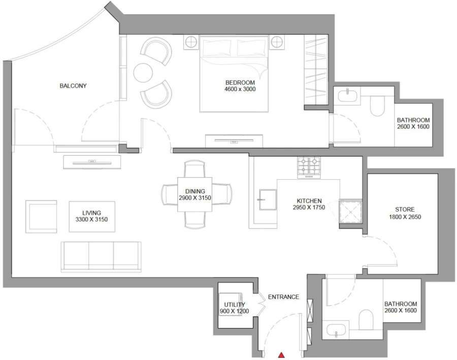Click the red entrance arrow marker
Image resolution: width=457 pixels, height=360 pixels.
(x=281, y=355)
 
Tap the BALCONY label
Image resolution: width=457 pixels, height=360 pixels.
(x=73, y=86)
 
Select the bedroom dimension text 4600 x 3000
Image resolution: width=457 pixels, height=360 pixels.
(x=240, y=89)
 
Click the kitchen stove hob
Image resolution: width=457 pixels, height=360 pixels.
(x=309, y=167)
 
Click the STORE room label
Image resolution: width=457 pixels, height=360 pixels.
(x=405, y=209)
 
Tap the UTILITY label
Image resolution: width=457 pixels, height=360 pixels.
(x=235, y=305)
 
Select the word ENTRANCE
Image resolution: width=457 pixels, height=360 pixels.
(x=283, y=297)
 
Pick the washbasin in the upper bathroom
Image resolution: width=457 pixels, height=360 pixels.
(x=346, y=94)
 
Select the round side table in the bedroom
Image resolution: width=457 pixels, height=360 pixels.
(x=143, y=72)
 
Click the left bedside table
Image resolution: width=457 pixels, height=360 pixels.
(x=191, y=42)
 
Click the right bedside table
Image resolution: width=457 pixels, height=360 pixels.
(x=278, y=42)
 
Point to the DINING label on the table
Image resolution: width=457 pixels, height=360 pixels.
(x=195, y=191)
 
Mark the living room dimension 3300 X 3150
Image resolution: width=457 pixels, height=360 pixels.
(x=91, y=219)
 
